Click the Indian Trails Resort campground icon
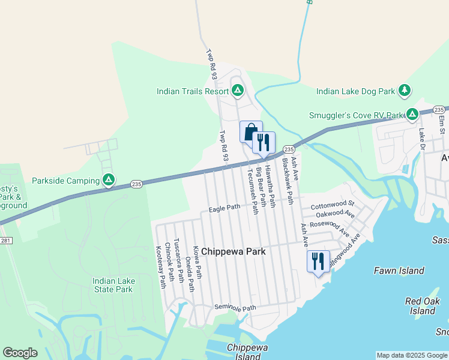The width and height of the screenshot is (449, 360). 238,91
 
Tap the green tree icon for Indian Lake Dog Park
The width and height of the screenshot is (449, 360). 405,91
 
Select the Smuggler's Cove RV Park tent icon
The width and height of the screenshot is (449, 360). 412,114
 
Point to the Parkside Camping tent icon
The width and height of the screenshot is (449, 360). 109,180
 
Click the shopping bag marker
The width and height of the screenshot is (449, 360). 251,131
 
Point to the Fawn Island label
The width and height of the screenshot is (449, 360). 399,271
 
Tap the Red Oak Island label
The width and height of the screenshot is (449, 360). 423,306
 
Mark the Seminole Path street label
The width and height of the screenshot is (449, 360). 235,308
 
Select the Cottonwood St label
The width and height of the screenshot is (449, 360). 333,205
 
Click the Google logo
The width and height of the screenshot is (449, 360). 20,353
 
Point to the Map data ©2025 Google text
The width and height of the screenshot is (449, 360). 411,355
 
